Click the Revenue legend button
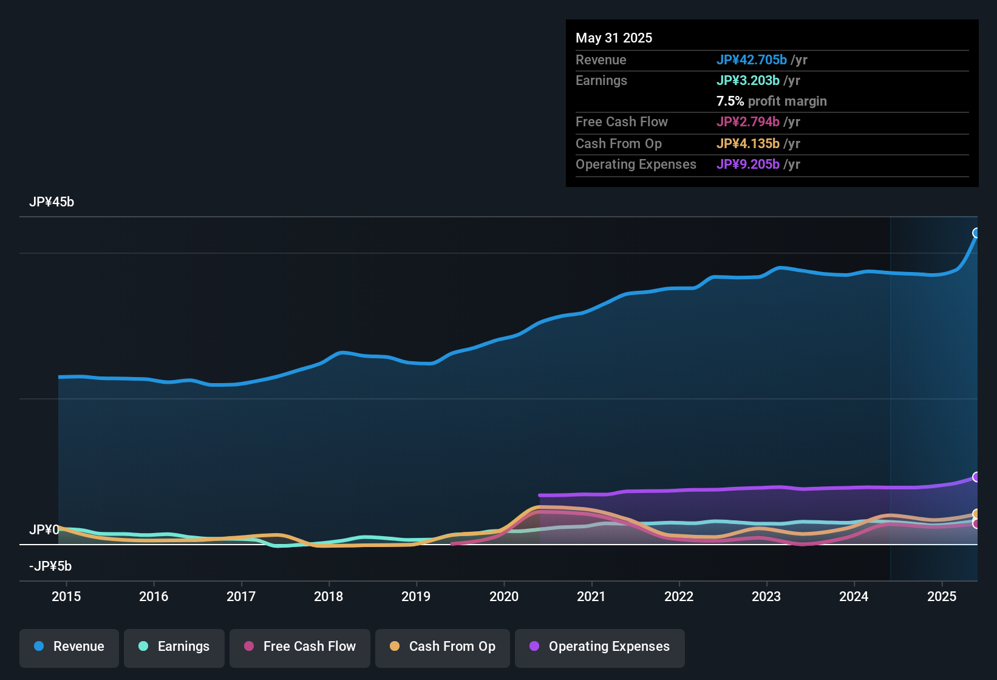[x=69, y=647]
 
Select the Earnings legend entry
[x=174, y=647]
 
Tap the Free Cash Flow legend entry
[x=299, y=647]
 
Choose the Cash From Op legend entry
[x=442, y=647]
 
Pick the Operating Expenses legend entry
[x=599, y=647]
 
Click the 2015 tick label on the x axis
[x=66, y=596]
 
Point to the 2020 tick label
[x=504, y=596]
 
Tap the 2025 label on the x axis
[x=941, y=596]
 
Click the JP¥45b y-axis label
[x=52, y=202]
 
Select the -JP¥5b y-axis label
[x=50, y=566]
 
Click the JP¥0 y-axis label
[x=44, y=530]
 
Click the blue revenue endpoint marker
[x=976, y=233]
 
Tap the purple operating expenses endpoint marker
[x=976, y=477]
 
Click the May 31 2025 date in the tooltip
[x=614, y=38]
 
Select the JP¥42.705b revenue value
[x=751, y=60]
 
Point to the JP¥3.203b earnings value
[x=747, y=81]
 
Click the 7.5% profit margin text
[x=771, y=101]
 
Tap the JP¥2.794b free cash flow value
[x=747, y=122]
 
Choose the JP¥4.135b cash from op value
[x=747, y=144]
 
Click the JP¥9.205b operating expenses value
[x=747, y=165]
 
